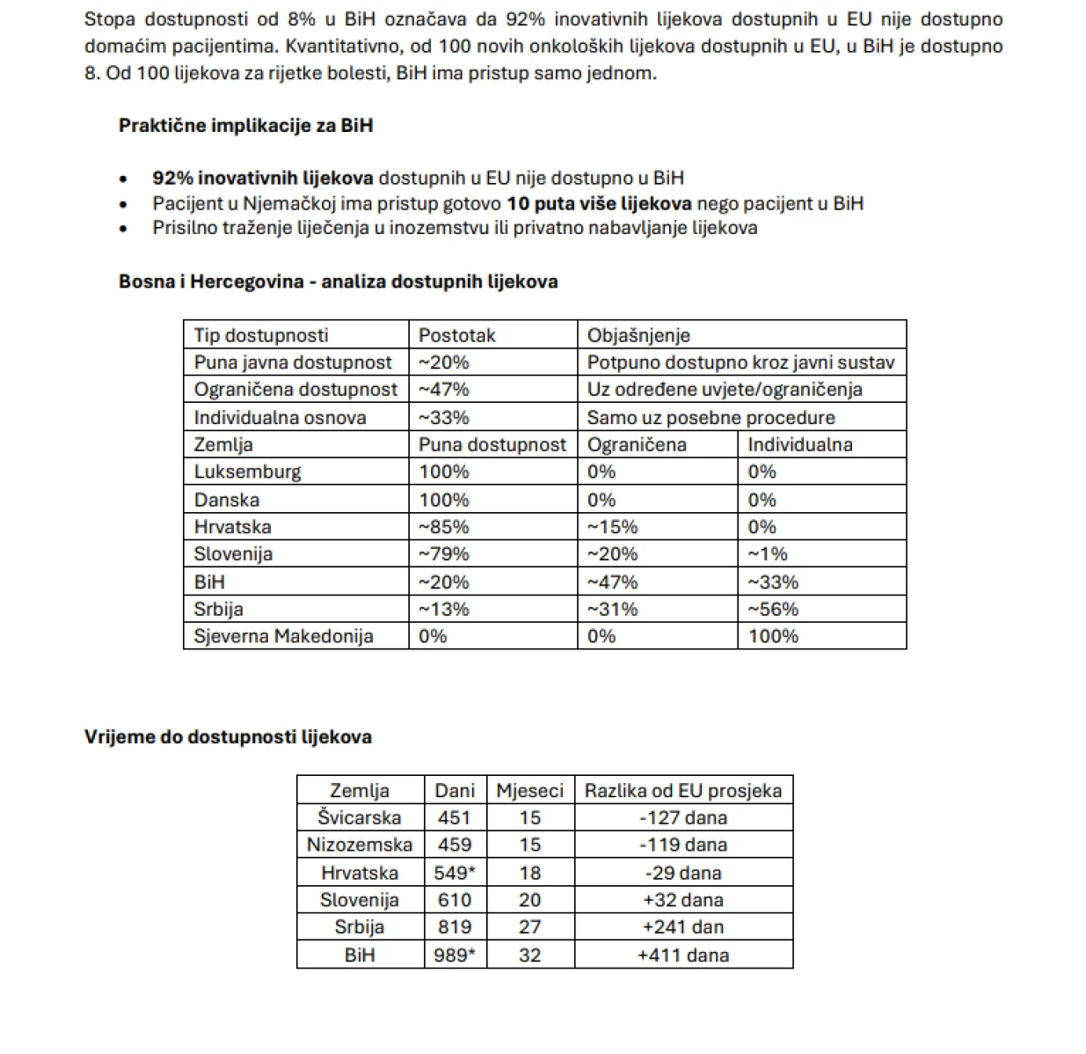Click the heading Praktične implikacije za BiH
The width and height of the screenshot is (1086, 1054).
(x=245, y=126)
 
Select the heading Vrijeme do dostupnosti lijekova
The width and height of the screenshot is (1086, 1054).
(x=228, y=737)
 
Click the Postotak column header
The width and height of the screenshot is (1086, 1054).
(x=456, y=335)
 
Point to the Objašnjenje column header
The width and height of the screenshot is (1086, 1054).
(x=638, y=335)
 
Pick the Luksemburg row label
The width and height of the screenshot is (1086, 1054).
(x=247, y=472)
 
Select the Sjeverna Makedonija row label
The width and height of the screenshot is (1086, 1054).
(x=283, y=636)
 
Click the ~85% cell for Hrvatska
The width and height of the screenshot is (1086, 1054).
(x=443, y=527)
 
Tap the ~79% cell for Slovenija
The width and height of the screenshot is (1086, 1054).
(x=443, y=554)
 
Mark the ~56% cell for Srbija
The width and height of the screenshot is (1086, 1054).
(x=773, y=609)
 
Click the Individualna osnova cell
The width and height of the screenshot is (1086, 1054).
(x=280, y=417)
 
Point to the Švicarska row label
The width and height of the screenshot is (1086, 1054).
(x=359, y=817)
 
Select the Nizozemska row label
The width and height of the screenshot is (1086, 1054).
(x=359, y=845)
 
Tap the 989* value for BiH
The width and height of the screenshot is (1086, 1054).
(x=455, y=955)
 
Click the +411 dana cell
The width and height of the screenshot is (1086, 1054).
(x=683, y=955)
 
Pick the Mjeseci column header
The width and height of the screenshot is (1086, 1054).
(x=529, y=790)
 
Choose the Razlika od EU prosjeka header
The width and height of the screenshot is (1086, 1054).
(x=683, y=790)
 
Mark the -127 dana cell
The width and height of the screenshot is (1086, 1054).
(x=683, y=817)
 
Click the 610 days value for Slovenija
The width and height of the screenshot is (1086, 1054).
(x=455, y=900)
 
